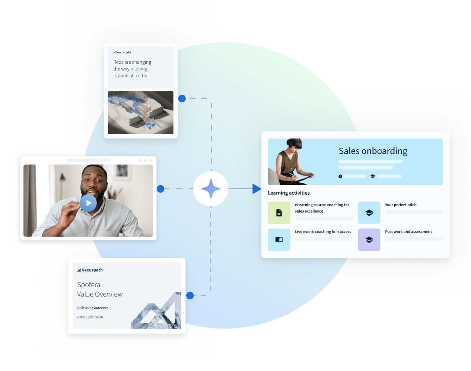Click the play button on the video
88,203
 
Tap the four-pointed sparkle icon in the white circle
210,189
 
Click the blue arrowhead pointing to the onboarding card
257,189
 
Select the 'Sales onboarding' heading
373,151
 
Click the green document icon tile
279,213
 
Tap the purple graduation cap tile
369,240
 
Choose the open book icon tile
279,240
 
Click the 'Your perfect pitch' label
401,205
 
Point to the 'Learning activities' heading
289,193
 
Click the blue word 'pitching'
139,69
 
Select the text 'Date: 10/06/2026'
90,317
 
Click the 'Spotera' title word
89,285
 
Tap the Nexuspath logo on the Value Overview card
90,270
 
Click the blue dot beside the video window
160,189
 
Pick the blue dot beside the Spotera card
190,295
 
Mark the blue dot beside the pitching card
182,98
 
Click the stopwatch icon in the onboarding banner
341,176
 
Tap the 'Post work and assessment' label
408,232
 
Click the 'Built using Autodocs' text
93,308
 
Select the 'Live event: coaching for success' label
323,232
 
